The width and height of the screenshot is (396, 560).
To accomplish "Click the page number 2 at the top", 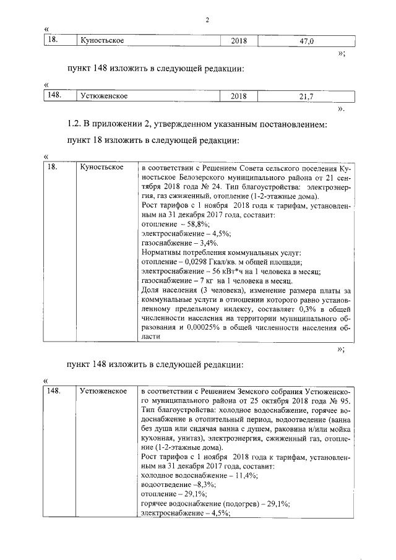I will [x=207, y=19].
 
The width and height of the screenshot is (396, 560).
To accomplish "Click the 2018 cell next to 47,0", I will [x=238, y=41].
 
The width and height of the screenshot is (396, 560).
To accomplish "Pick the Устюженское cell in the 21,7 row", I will [x=104, y=97].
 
